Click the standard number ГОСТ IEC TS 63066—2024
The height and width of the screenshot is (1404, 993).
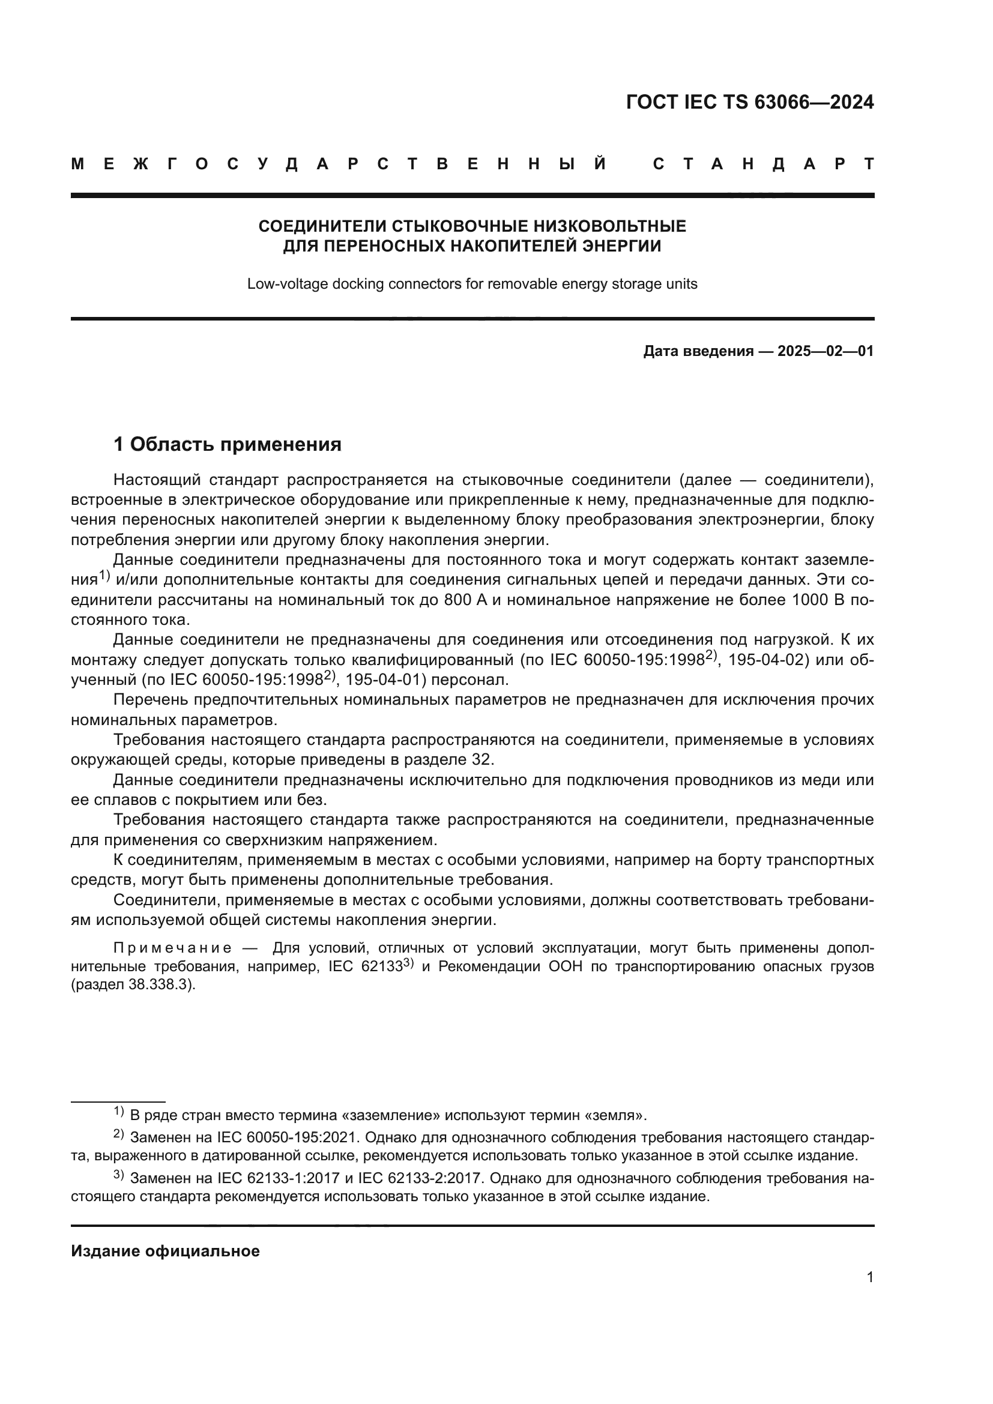[x=750, y=102]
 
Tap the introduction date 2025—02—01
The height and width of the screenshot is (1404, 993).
[x=825, y=351]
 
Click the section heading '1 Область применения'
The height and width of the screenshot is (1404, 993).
[x=228, y=444]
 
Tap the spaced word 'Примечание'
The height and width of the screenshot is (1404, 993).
[x=173, y=948]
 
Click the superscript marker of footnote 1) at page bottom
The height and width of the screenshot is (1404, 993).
[x=119, y=1111]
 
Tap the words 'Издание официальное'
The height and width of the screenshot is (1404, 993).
[x=165, y=1251]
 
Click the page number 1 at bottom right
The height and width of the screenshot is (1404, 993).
[x=869, y=1277]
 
